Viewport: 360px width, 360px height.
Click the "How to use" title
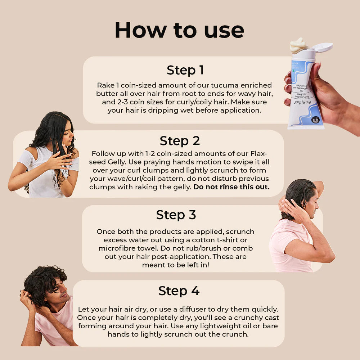point(179,30)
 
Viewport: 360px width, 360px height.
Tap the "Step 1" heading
point(185,70)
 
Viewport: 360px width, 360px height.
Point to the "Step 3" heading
point(176,215)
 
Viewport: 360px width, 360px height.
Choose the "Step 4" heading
point(179,291)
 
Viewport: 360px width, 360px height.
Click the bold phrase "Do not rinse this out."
point(231,187)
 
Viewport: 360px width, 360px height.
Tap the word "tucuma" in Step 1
point(216,85)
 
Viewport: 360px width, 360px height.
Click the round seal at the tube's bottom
point(315,120)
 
